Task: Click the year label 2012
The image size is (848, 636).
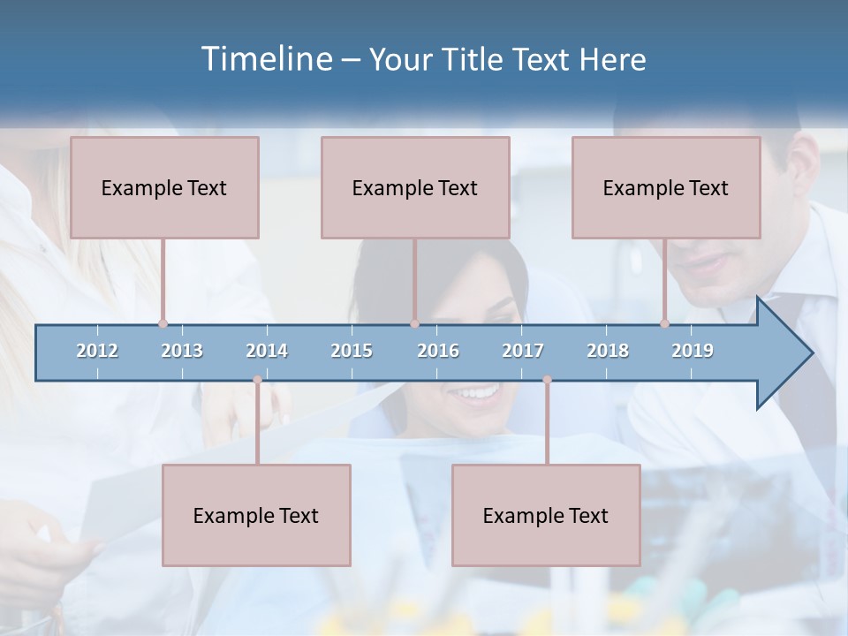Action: coord(97,351)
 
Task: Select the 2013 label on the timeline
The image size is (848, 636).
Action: coord(182,351)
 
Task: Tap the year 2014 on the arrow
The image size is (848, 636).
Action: coord(267,351)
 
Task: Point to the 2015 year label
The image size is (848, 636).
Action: coord(352,351)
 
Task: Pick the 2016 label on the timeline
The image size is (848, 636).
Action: coord(438,351)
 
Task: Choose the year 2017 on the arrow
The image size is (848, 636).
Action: coord(523,351)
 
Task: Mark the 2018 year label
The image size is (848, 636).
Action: coord(608,351)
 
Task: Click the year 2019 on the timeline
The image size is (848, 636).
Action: coord(693,351)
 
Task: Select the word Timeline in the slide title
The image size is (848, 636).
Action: coord(266,59)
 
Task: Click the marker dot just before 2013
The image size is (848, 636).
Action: coord(163,324)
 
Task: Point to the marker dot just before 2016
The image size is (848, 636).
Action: coord(414,324)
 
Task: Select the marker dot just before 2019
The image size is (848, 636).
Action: coord(665,324)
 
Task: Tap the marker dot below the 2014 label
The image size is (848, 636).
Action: coord(257,380)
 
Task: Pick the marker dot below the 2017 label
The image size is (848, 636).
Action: coord(547,380)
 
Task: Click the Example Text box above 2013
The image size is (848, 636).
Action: coord(164,187)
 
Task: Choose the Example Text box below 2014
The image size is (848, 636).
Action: coord(256,515)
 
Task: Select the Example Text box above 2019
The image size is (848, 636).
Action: coord(666,187)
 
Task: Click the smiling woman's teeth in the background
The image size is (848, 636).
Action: coord(478,392)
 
